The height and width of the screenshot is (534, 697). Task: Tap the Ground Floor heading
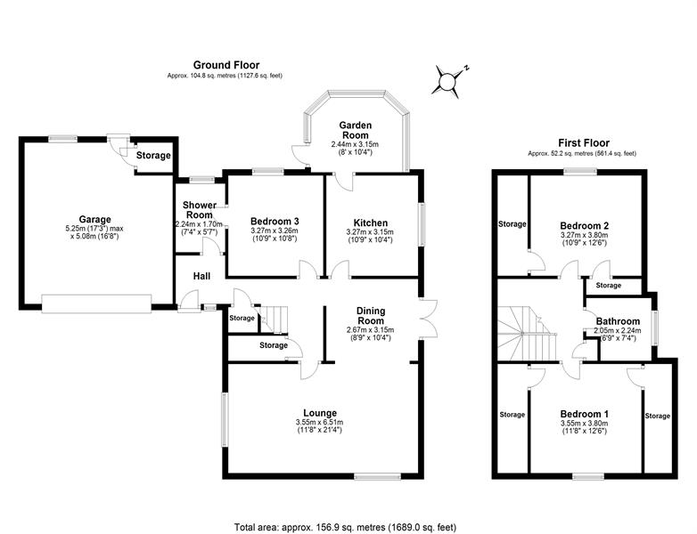click(x=226, y=65)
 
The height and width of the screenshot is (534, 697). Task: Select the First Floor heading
click(x=584, y=143)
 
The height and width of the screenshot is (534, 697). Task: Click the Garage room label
click(x=94, y=219)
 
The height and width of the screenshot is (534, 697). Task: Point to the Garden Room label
click(x=355, y=130)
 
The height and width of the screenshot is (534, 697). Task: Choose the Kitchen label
click(x=371, y=222)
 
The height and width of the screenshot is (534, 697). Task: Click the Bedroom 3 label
click(x=275, y=221)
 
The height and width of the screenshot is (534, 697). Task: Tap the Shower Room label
click(x=200, y=209)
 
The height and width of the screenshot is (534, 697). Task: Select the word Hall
click(x=201, y=276)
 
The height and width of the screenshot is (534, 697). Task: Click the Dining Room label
click(x=371, y=316)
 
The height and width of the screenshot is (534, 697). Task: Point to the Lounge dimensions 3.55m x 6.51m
click(x=319, y=422)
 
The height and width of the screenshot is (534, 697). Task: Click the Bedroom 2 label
click(x=585, y=225)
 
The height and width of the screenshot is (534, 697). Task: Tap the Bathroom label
click(x=618, y=321)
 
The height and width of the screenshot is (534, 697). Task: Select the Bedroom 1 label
click(x=585, y=414)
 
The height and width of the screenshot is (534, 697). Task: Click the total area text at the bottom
click(x=346, y=528)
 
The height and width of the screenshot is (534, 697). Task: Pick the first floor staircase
click(x=527, y=334)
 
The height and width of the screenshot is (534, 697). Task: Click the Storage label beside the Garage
click(x=153, y=156)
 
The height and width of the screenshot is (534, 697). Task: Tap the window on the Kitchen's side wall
click(x=421, y=224)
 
